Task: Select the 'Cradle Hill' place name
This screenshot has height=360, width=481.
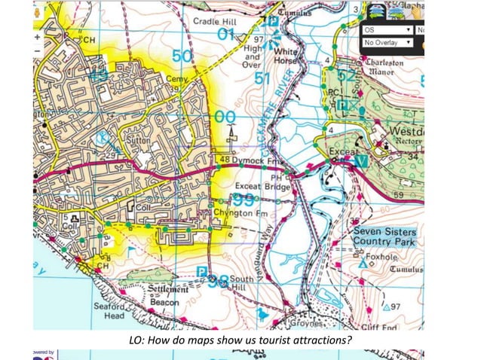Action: coord(214,21)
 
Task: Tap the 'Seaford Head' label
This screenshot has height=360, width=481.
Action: coord(109,311)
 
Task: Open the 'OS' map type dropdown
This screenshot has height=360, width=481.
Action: coord(387,30)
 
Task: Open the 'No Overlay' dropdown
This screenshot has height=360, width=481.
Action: coord(387,43)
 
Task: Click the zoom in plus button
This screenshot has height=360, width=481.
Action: coord(37,36)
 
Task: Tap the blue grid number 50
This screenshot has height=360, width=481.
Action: coord(182,57)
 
